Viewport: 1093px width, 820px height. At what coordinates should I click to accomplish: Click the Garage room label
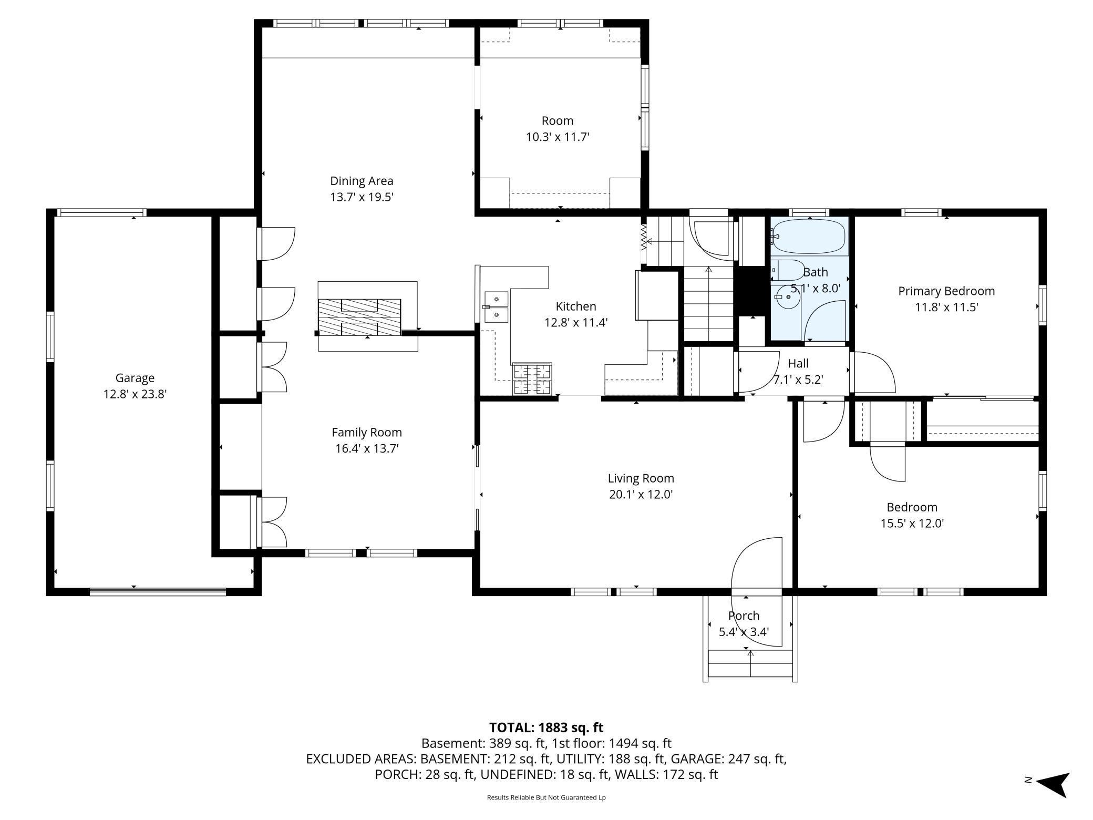[135, 378]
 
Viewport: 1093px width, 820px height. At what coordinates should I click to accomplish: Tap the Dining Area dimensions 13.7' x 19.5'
[362, 197]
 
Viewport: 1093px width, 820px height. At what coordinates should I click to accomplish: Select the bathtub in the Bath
[810, 237]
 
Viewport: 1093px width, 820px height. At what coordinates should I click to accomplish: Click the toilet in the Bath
[788, 270]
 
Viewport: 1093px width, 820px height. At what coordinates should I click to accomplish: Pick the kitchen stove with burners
[532, 378]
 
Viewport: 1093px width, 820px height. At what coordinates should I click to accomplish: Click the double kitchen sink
[497, 307]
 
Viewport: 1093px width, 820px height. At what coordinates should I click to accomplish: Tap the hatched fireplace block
[359, 317]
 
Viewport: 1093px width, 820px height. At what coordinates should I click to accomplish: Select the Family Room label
[367, 433]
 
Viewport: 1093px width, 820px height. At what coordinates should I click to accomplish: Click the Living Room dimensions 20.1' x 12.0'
[641, 495]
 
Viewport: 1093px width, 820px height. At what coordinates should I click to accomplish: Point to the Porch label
[744, 616]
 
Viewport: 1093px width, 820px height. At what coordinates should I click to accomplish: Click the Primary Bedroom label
[946, 291]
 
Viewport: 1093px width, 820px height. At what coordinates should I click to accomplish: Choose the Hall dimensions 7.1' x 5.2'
[798, 380]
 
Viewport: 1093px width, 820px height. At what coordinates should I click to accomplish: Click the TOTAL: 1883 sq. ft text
[546, 727]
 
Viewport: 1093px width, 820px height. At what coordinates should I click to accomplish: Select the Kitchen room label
[576, 306]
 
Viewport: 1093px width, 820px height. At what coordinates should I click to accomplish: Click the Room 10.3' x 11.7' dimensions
[558, 137]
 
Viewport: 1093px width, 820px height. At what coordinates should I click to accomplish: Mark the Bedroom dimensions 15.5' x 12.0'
[912, 524]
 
